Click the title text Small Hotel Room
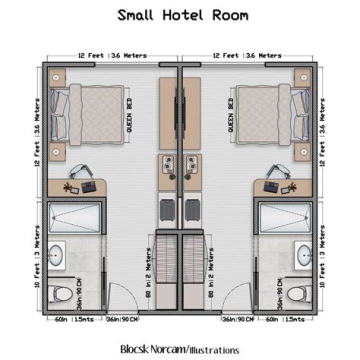182,15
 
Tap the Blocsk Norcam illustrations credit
179,349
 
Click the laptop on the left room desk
89,187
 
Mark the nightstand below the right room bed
303,151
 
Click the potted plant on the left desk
67,187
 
